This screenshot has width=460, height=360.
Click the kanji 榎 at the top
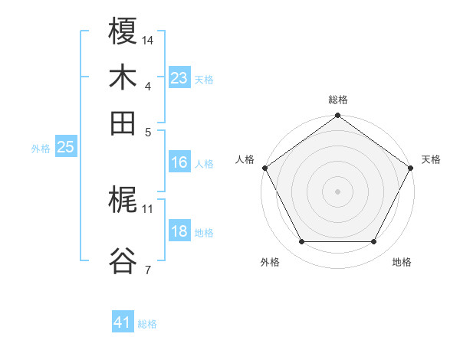click(123, 32)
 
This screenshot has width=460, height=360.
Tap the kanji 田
click(123, 123)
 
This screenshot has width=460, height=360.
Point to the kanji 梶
click(123, 201)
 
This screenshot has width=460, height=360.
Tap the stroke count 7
click(147, 269)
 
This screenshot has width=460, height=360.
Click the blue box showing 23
click(179, 78)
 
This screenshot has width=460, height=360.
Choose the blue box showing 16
click(179, 163)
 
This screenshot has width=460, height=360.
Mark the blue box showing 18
click(179, 232)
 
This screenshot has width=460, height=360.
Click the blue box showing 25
click(65, 148)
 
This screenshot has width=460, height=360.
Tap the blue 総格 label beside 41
click(147, 324)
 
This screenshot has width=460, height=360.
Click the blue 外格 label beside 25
click(41, 149)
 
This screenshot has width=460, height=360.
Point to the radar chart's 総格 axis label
click(337, 100)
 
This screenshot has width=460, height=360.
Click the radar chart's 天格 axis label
click(431, 159)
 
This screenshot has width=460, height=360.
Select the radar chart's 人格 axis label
click(245, 159)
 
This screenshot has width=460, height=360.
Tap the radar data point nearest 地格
click(374, 242)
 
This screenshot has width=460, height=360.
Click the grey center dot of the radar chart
click(337, 191)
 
